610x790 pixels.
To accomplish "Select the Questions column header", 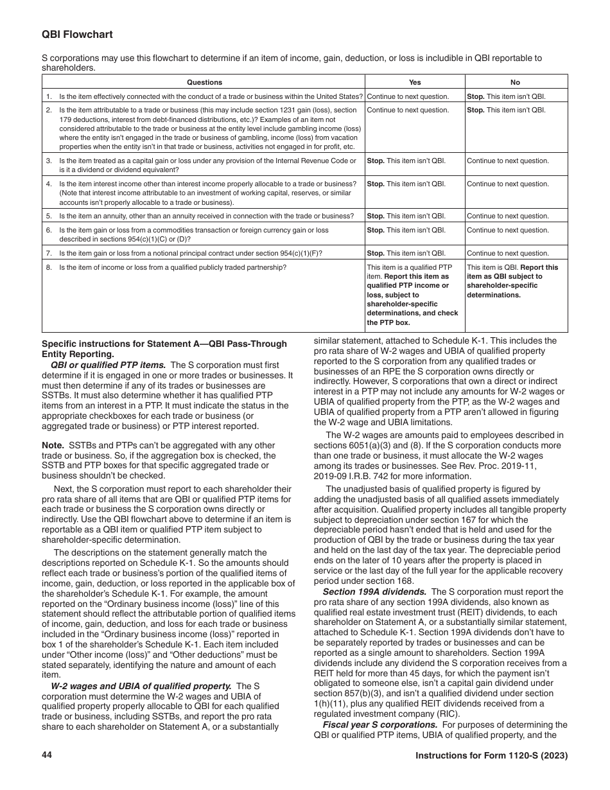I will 204,82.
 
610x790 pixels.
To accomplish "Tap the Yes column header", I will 415,82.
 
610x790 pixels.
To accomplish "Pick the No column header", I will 515,82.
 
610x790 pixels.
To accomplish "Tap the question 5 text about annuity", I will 206,216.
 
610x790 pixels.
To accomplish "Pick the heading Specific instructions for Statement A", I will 164,344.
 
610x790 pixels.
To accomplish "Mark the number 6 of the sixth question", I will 48,231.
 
